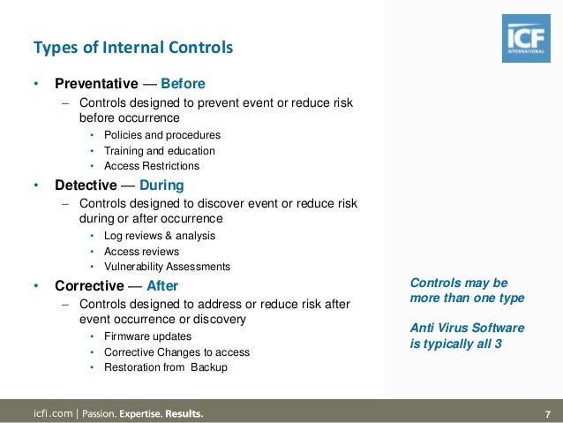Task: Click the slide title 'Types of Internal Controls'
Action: [132, 47]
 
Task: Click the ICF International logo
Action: [527, 38]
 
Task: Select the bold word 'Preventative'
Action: [96, 84]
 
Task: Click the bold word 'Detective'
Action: [86, 185]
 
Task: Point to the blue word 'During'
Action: [161, 185]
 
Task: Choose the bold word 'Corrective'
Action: [88, 286]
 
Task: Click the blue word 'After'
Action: [162, 286]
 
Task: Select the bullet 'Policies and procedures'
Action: [161, 135]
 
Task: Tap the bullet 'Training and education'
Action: [159, 151]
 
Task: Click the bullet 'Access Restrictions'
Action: [151, 166]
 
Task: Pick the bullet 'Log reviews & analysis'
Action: [159, 236]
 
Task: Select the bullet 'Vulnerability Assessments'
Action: [167, 267]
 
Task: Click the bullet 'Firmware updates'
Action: [147, 336]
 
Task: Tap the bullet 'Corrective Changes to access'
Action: [176, 352]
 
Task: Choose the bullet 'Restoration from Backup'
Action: [165, 367]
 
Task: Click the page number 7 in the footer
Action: [547, 413]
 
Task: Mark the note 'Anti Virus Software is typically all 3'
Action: [467, 336]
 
